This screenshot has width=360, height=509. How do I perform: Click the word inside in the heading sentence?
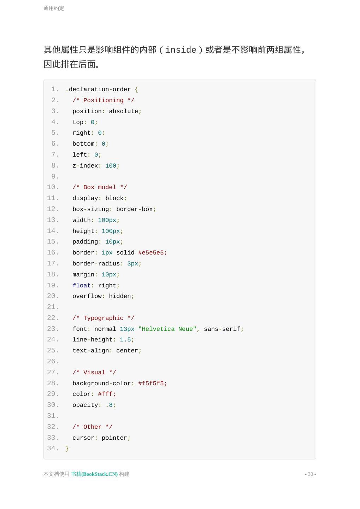point(181,50)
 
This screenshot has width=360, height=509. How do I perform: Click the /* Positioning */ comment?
point(103,100)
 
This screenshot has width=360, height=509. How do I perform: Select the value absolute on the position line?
point(123,111)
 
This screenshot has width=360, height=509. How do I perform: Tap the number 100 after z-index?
point(111,166)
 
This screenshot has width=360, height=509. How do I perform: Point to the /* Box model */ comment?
point(100,187)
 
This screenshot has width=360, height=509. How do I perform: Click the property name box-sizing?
point(90,209)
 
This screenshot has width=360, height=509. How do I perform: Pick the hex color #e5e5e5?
point(151,253)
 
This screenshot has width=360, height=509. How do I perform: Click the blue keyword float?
point(81,286)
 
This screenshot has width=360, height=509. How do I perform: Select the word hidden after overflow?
point(120,296)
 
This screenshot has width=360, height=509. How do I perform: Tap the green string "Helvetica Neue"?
point(167,329)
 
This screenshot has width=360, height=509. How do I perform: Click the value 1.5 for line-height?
point(125,340)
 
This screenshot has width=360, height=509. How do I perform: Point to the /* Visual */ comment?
point(94,373)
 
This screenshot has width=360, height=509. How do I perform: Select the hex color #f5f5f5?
point(151,384)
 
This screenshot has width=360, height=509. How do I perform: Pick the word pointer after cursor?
point(114,438)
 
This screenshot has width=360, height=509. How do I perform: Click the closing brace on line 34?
point(67,449)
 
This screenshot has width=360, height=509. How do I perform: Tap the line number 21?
point(53,307)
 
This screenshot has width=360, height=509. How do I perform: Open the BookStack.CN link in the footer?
point(94,474)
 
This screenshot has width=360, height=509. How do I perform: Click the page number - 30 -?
point(310,474)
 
